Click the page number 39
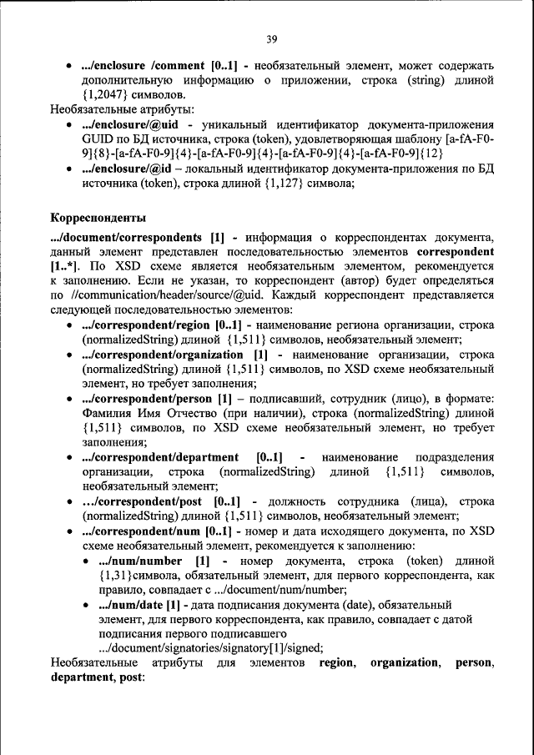point(271,38)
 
